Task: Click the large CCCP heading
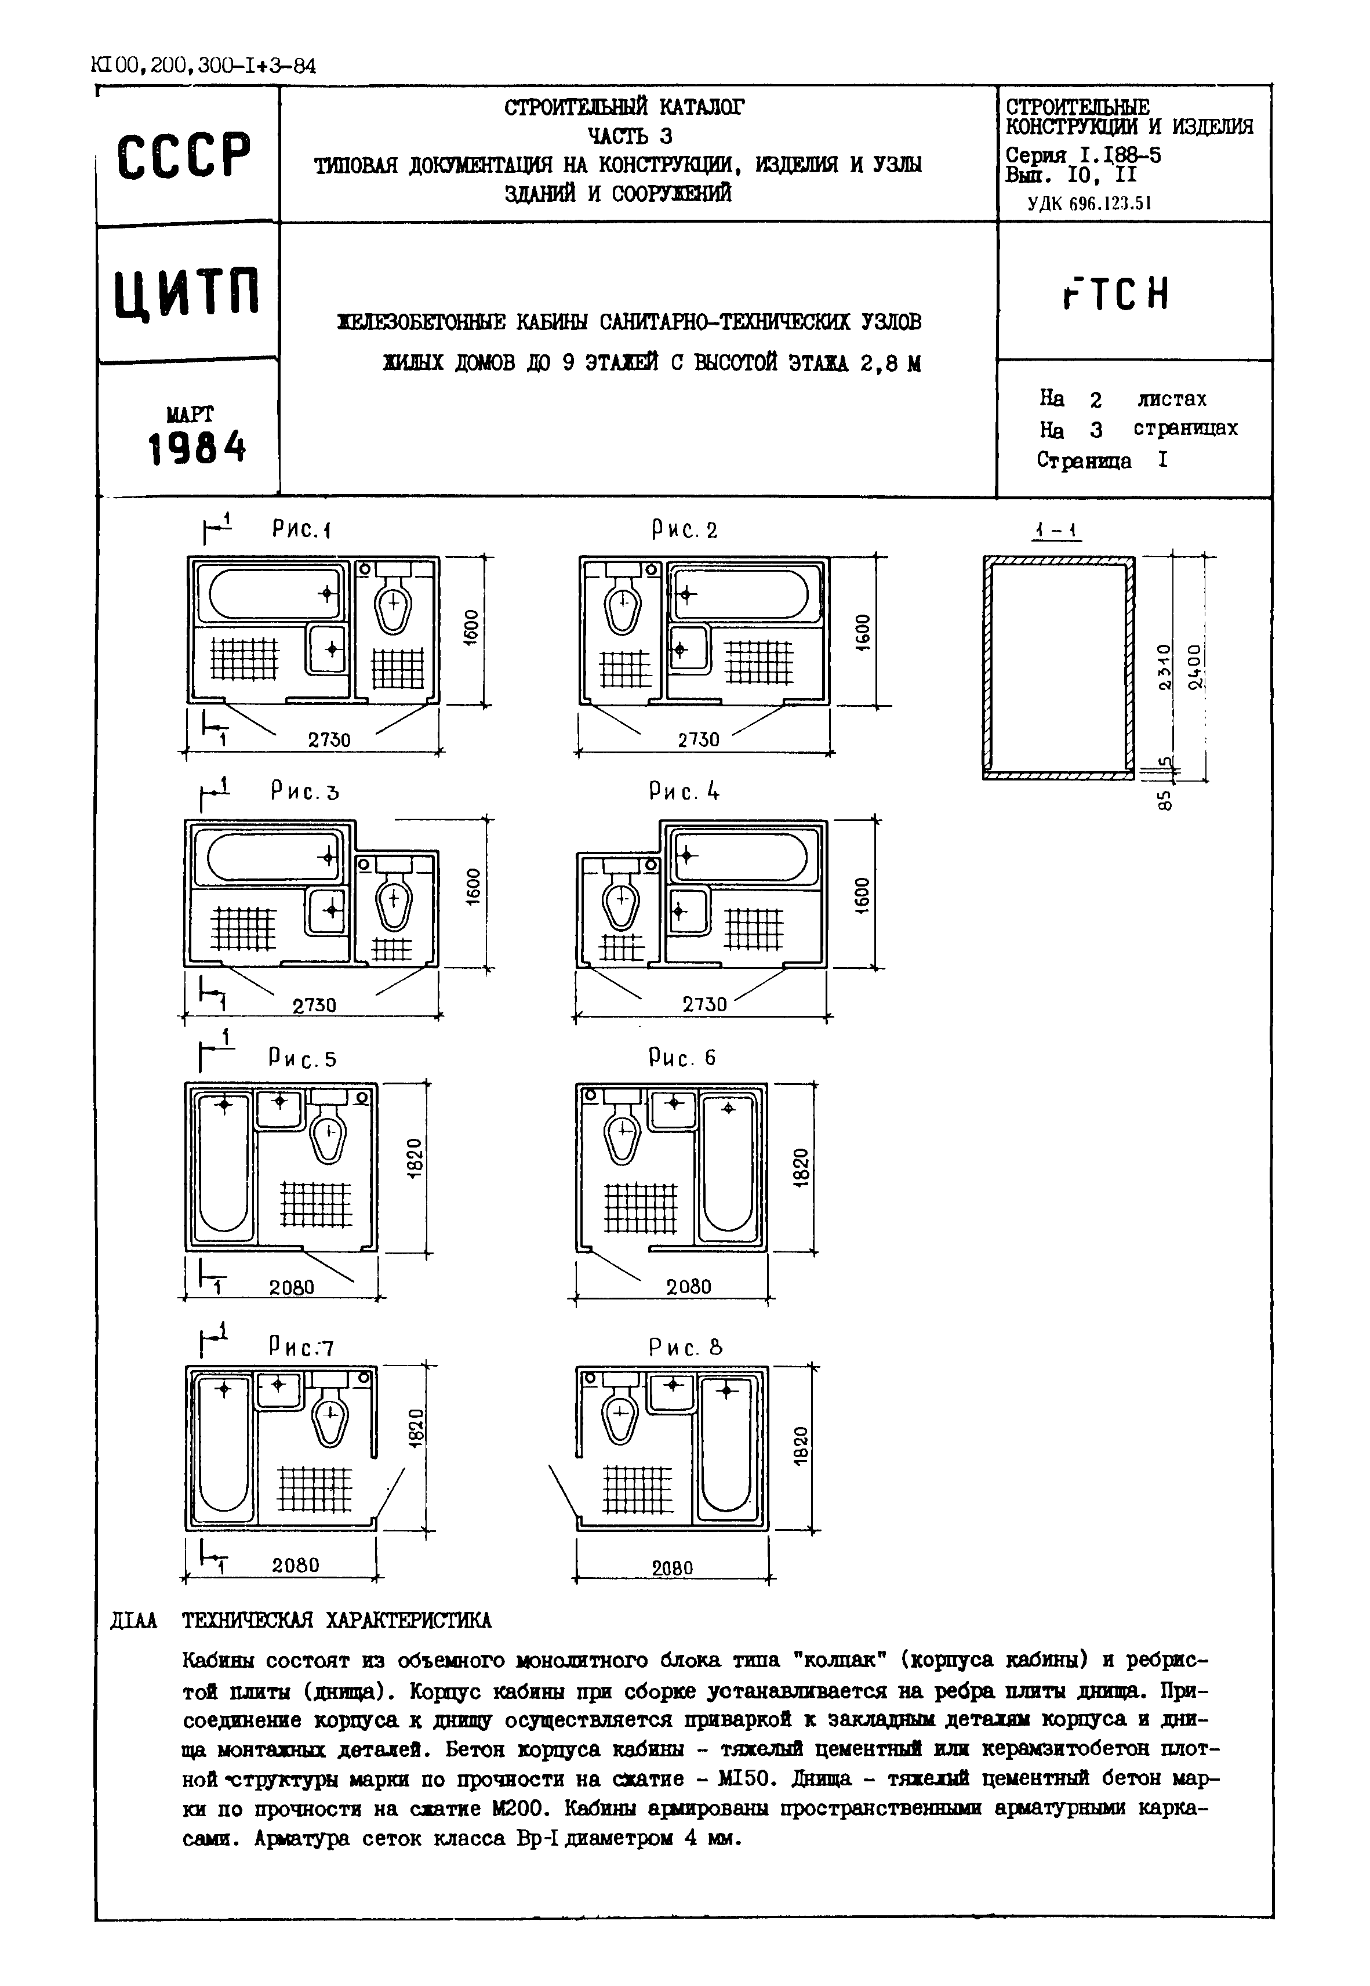(x=184, y=156)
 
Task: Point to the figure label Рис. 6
(x=682, y=1058)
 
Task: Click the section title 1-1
(x=1056, y=531)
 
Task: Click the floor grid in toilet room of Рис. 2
(x=625, y=669)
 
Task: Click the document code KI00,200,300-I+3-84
(x=202, y=65)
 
